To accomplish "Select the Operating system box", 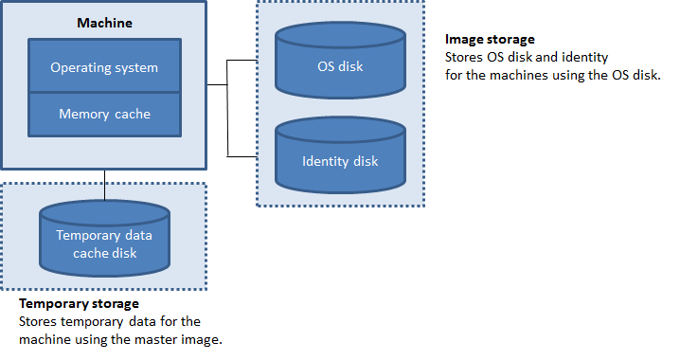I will [104, 67].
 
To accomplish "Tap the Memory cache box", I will [104, 114].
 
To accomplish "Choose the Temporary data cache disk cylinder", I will [104, 244].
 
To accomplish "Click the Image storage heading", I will [490, 39].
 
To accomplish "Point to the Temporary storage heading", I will [80, 303].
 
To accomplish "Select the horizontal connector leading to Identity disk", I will [242, 154].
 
